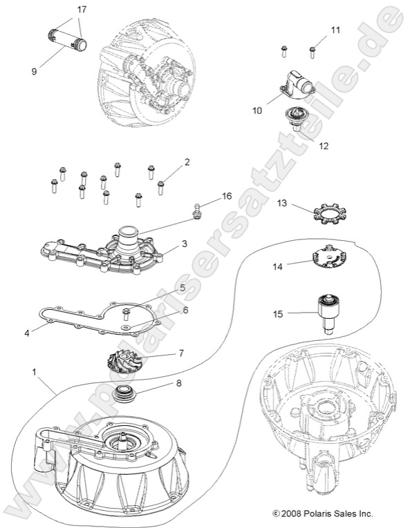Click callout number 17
point(82,10)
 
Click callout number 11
point(335,30)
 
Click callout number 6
point(185,310)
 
